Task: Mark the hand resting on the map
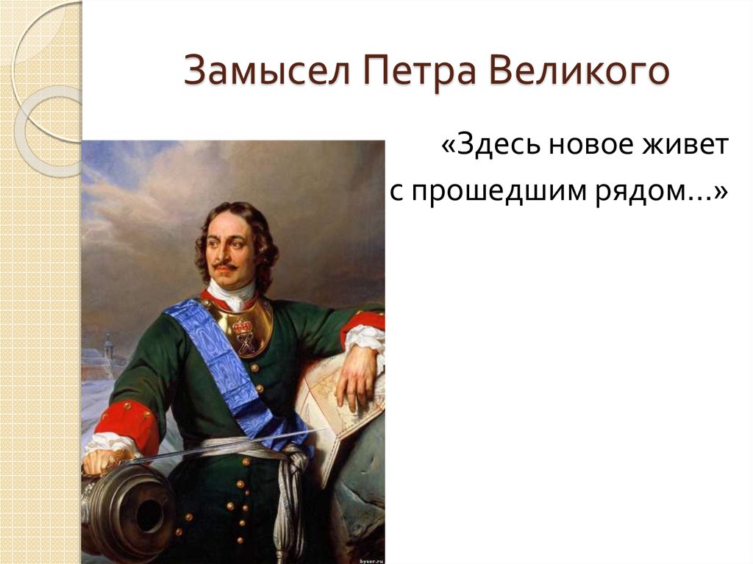(x=358, y=375)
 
